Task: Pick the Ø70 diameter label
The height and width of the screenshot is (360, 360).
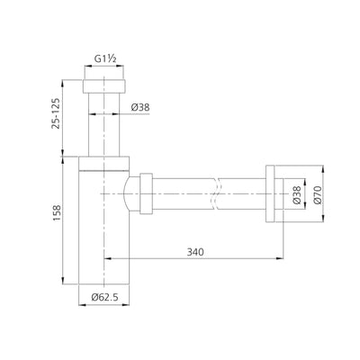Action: pos(317,195)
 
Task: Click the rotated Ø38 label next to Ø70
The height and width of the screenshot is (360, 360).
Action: pos(297,195)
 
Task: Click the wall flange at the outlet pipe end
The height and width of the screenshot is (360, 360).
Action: pos(274,194)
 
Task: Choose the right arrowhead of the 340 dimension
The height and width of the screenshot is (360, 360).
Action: pos(280,260)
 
